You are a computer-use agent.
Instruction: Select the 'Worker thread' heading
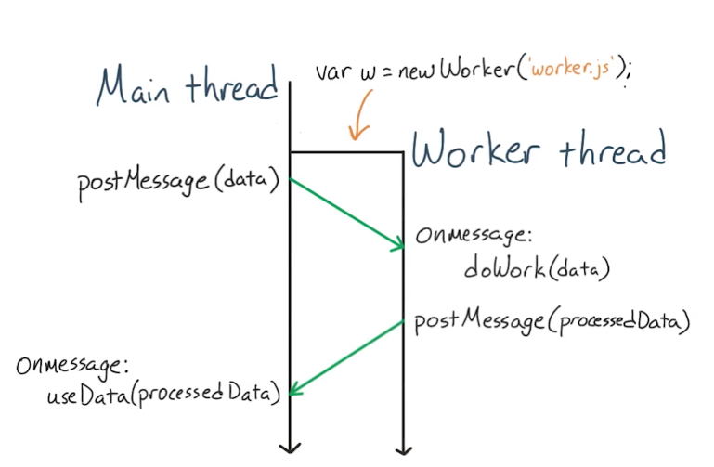click(x=539, y=149)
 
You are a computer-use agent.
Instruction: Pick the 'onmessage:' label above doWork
click(x=473, y=235)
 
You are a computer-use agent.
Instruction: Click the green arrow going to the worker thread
click(x=347, y=213)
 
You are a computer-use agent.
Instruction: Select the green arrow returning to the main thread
click(x=347, y=355)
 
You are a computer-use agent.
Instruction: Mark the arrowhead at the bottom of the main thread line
click(x=291, y=448)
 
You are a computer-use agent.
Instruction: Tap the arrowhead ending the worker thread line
click(x=403, y=448)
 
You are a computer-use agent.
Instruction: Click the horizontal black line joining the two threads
click(x=346, y=152)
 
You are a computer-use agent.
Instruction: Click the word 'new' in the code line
click(x=419, y=72)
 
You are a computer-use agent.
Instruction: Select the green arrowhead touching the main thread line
click(x=295, y=387)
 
